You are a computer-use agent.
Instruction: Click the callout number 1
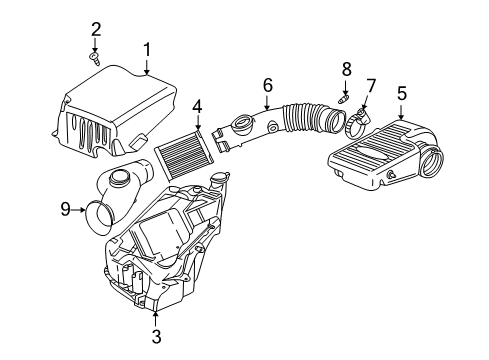[x=146, y=48]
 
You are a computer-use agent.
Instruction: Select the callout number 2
[x=96, y=27]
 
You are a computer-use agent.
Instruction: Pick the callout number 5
[x=402, y=95]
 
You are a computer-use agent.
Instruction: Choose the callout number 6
[x=267, y=86]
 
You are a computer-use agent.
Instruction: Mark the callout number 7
[x=370, y=86]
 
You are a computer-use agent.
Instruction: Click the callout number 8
[x=346, y=69]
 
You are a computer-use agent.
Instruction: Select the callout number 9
[x=66, y=210]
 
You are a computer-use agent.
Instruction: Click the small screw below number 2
[x=96, y=60]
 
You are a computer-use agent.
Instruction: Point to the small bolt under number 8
[x=344, y=101]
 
